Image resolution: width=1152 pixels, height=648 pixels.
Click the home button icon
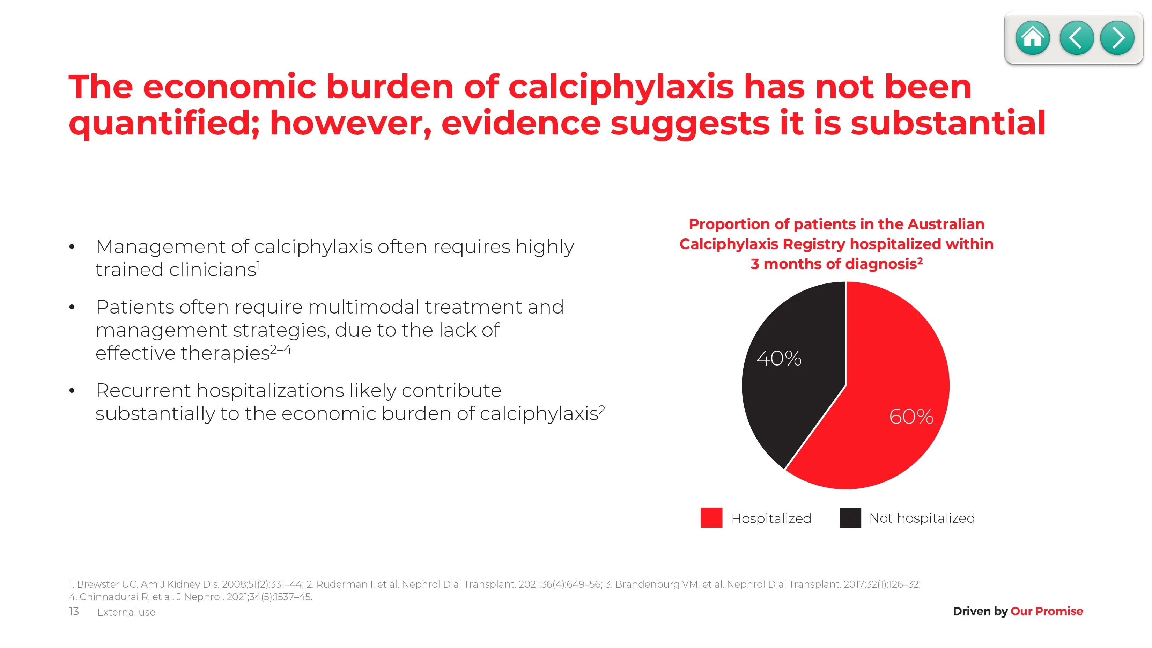pos(1032,38)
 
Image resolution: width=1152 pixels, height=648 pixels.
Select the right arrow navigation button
pos(1117,38)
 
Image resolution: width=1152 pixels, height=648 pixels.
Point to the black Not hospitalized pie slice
pos(791,380)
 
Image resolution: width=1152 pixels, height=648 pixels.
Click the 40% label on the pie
pos(779,358)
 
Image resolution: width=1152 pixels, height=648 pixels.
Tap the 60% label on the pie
pos(911,417)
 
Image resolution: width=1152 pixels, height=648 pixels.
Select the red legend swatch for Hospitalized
pos(711,517)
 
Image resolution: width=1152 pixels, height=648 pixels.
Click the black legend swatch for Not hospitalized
pos(850,517)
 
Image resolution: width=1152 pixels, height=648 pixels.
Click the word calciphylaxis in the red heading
pos(621,88)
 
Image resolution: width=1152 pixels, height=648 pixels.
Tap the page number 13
pos(74,611)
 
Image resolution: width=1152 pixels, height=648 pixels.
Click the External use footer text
pos(126,612)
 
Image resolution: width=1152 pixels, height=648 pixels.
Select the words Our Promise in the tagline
pos(1047,611)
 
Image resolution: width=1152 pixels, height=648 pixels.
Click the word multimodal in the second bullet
pos(364,307)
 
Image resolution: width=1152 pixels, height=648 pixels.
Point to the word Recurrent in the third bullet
pos(143,390)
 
